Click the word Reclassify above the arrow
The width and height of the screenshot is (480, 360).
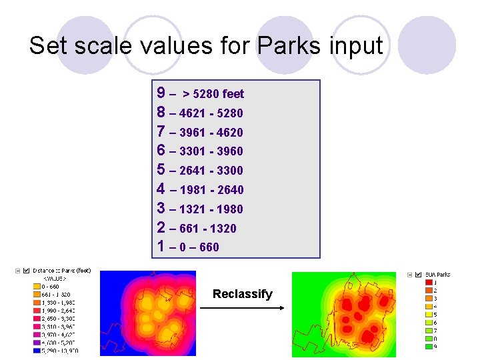(x=243, y=294)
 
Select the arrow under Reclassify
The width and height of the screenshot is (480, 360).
(x=243, y=307)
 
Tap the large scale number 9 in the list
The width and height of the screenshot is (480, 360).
(x=161, y=93)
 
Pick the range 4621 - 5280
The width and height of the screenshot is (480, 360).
(x=211, y=113)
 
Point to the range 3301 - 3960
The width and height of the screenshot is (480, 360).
(x=211, y=151)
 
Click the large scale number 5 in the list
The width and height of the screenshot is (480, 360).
(x=161, y=169)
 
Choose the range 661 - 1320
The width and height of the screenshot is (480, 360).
(x=207, y=229)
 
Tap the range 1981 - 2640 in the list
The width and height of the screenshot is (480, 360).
(x=211, y=190)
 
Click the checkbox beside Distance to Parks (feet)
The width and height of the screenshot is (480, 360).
(x=27, y=271)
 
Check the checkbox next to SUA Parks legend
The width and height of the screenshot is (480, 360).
(x=418, y=274)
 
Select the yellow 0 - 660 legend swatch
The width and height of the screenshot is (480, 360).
(x=36, y=287)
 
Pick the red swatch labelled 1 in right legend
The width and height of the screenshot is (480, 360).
(x=427, y=282)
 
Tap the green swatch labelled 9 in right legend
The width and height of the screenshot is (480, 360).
(x=427, y=346)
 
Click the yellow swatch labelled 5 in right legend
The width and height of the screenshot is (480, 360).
(x=427, y=314)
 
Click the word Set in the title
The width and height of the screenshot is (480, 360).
(x=48, y=46)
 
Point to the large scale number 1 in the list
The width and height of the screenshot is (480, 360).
(x=161, y=246)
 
